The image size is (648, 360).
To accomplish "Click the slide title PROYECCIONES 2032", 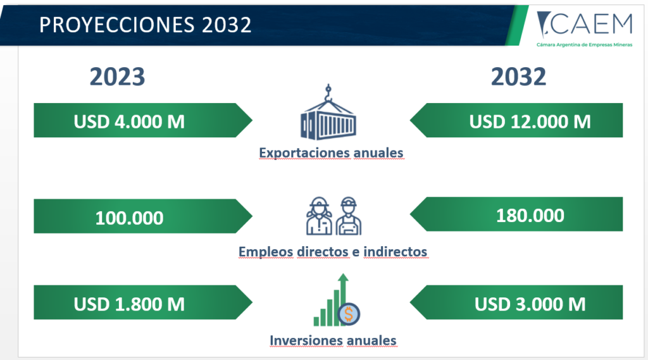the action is (x=145, y=25).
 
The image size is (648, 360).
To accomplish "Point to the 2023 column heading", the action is (x=117, y=77).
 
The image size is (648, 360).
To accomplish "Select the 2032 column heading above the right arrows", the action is (x=519, y=77).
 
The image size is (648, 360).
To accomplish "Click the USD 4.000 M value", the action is (x=129, y=121).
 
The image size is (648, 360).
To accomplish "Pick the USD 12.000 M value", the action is (x=530, y=121).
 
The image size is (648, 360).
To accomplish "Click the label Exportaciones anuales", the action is (x=331, y=152).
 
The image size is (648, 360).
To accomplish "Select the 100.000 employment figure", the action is (x=129, y=218).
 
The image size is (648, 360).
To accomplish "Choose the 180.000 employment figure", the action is (x=530, y=216).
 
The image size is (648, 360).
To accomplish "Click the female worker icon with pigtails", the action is (x=319, y=216).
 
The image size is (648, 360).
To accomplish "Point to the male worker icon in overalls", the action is (x=349, y=216).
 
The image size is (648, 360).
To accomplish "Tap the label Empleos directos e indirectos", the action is (x=333, y=251).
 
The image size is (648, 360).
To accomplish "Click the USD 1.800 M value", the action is (x=129, y=304).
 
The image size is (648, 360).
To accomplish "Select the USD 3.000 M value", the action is (x=530, y=304).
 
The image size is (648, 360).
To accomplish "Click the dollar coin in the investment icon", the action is (x=349, y=314).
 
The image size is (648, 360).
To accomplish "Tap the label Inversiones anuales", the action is (x=333, y=340).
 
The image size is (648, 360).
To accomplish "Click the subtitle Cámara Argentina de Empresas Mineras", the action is (x=584, y=45).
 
